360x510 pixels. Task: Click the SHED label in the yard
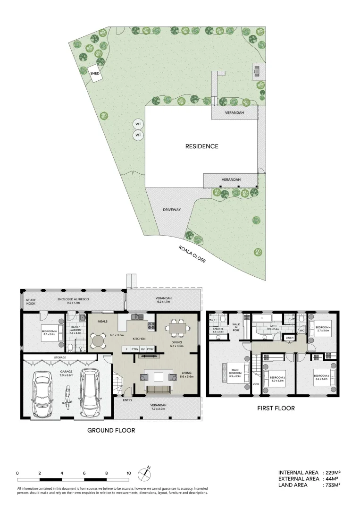coord(95,73)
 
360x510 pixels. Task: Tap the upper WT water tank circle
coord(138,124)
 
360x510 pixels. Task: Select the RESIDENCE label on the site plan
coord(201,146)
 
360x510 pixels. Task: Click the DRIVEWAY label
coord(172,209)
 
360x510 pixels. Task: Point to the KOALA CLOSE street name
coord(192,254)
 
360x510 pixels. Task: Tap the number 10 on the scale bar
coord(128,472)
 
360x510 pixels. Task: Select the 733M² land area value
coord(332,485)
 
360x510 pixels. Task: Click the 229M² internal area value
coord(332,472)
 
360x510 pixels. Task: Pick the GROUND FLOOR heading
coord(111,430)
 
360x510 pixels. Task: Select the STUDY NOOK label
coord(31,301)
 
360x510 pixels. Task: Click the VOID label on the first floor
coord(256,383)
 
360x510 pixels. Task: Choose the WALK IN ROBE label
coord(236,326)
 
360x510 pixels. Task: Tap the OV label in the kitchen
coord(142,349)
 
